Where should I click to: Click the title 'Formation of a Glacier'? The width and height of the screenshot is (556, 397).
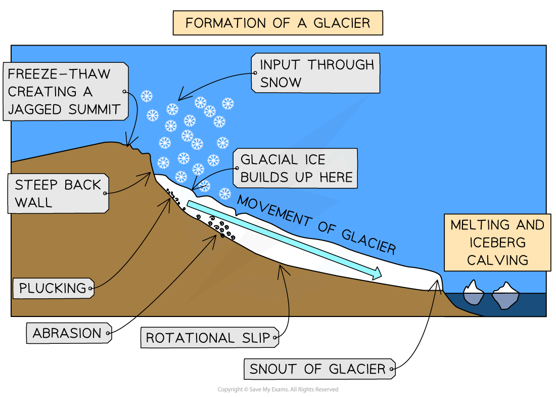click(x=277, y=23)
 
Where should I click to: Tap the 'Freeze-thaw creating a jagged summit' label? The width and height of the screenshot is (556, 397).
click(x=65, y=91)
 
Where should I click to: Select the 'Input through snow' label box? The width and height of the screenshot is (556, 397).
click(x=315, y=73)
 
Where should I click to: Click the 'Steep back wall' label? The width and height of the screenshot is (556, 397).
click(x=58, y=193)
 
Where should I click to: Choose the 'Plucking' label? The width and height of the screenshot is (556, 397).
click(x=53, y=289)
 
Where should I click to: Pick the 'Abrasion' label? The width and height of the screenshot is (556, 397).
click(x=68, y=333)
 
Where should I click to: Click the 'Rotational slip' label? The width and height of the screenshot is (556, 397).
click(x=209, y=338)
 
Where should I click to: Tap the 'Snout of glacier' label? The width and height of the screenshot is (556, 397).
click(x=318, y=369)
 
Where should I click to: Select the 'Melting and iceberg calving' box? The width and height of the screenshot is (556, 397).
click(x=497, y=242)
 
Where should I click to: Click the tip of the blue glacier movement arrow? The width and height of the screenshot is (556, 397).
click(x=379, y=275)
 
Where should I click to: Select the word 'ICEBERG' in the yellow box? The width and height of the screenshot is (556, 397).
click(x=498, y=242)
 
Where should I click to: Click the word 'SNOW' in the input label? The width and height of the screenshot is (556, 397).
click(x=280, y=83)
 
